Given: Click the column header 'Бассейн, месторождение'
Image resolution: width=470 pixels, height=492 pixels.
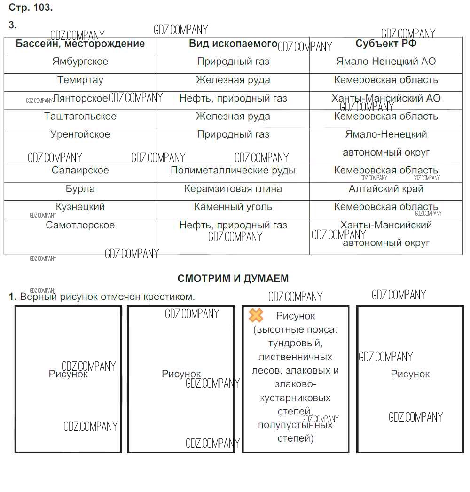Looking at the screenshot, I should click(80, 44).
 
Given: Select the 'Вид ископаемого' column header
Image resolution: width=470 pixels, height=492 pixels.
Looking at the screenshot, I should click(233, 44).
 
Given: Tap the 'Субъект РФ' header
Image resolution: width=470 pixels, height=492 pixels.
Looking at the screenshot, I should click(386, 44).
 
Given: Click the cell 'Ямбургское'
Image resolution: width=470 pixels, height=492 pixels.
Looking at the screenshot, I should click(80, 62).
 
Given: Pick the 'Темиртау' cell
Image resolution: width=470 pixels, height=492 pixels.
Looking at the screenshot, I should click(80, 80).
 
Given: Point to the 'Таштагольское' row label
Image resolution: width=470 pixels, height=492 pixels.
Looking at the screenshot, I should click(80, 117).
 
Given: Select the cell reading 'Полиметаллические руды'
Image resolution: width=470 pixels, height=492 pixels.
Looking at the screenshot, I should click(233, 171).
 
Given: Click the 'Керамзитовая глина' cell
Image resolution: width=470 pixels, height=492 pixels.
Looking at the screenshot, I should click(233, 189).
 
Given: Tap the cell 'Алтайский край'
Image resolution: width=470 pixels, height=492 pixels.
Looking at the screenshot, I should click(386, 189).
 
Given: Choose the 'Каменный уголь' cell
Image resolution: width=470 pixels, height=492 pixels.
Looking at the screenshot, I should click(233, 207).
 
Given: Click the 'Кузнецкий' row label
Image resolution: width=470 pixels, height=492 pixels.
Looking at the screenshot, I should click(80, 207).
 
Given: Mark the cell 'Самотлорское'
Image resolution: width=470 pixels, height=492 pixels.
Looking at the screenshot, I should click(80, 225).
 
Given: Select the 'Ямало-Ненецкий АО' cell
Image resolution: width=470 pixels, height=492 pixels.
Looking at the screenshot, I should click(386, 62).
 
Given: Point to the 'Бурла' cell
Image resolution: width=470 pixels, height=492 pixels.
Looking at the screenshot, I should click(80, 189).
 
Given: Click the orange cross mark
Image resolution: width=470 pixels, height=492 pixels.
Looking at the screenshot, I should click(256, 315).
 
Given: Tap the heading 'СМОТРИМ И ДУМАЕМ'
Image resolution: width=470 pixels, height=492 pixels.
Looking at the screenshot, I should click(233, 278).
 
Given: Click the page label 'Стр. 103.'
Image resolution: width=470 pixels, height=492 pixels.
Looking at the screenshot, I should click(31, 8).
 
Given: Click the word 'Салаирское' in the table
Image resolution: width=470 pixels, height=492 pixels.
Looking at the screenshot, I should click(80, 171).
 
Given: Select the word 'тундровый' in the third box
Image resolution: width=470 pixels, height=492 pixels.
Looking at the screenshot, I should click(295, 343).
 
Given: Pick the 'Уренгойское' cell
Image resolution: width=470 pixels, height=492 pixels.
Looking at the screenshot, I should click(80, 134).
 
